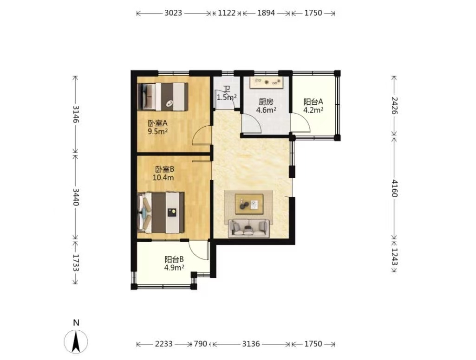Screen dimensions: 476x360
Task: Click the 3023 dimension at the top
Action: [173, 13]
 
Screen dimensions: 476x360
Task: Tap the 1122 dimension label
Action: [227, 13]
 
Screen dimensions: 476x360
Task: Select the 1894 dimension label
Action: [266, 13]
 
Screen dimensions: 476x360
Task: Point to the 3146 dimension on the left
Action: [76, 114]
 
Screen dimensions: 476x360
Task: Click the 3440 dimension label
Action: [76, 197]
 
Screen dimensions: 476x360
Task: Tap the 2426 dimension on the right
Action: [394, 105]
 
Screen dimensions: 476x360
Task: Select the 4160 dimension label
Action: [394, 188]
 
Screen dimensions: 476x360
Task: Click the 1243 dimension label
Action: [394, 256]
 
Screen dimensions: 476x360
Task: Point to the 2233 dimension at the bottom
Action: [163, 344]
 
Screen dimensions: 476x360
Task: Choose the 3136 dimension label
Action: [251, 344]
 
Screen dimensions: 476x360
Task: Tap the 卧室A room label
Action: [158, 123]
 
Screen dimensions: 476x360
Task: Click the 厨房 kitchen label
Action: [266, 102]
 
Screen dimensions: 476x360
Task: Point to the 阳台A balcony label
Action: [313, 102]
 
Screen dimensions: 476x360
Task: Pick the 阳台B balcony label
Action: [174, 260]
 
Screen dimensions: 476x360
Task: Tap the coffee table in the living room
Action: [249, 204]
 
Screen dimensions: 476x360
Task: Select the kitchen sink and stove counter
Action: [267, 82]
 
